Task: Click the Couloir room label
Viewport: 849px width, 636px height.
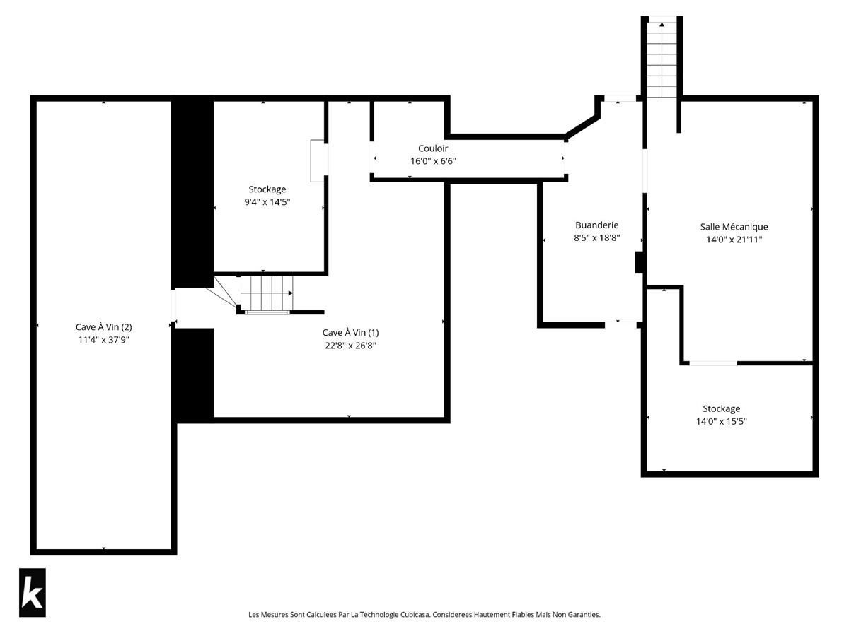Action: (x=433, y=148)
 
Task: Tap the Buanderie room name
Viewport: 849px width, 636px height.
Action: (x=597, y=225)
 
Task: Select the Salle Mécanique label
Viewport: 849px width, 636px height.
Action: (x=734, y=227)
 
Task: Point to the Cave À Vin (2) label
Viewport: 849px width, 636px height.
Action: (x=104, y=327)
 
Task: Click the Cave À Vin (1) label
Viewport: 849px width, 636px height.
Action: (x=350, y=332)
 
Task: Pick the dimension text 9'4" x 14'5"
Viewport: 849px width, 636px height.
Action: (x=267, y=202)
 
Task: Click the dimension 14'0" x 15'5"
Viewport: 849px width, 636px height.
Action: (x=722, y=421)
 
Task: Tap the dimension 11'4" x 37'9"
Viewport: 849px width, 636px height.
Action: (x=104, y=340)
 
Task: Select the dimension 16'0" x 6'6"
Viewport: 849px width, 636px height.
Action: (x=433, y=161)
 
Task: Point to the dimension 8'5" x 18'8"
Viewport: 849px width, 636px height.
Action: (x=597, y=237)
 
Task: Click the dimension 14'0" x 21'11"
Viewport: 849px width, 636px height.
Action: (x=734, y=240)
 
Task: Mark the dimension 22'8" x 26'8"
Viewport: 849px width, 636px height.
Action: (x=350, y=346)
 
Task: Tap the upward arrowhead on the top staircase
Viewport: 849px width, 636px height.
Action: (x=662, y=24)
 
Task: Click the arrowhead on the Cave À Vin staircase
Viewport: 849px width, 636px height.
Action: (x=291, y=293)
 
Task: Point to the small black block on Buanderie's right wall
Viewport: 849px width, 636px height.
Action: (x=639, y=262)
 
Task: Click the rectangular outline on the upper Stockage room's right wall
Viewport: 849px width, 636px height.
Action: (x=317, y=160)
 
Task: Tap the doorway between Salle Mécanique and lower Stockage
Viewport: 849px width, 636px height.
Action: (x=713, y=363)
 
